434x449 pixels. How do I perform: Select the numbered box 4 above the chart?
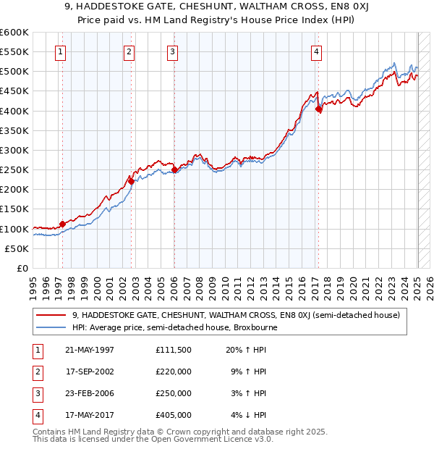[x=317, y=51]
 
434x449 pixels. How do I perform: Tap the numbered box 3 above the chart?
[x=173, y=51]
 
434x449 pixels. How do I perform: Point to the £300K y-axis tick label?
[x=14, y=150]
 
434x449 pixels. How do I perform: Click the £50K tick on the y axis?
[x=17, y=248]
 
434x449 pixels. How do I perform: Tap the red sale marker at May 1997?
[x=62, y=224]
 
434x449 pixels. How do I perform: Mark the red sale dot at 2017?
[x=319, y=109]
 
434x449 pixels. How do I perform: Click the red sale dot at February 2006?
[x=175, y=170]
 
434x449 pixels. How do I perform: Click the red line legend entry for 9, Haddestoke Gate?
[x=239, y=315]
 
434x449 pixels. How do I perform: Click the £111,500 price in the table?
[x=174, y=350]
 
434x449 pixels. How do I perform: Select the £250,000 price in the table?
[x=174, y=393]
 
